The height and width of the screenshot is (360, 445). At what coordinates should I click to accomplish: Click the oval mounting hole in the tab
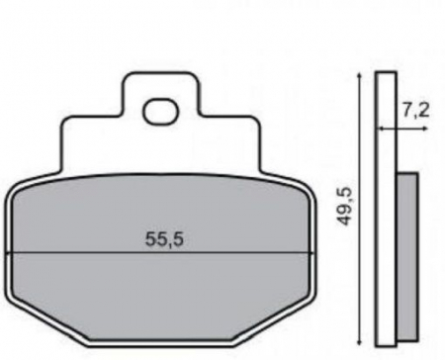click(158, 112)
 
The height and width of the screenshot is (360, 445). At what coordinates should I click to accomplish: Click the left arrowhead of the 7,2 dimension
click(379, 127)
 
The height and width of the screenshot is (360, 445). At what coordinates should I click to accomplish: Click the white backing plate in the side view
click(386, 198)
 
